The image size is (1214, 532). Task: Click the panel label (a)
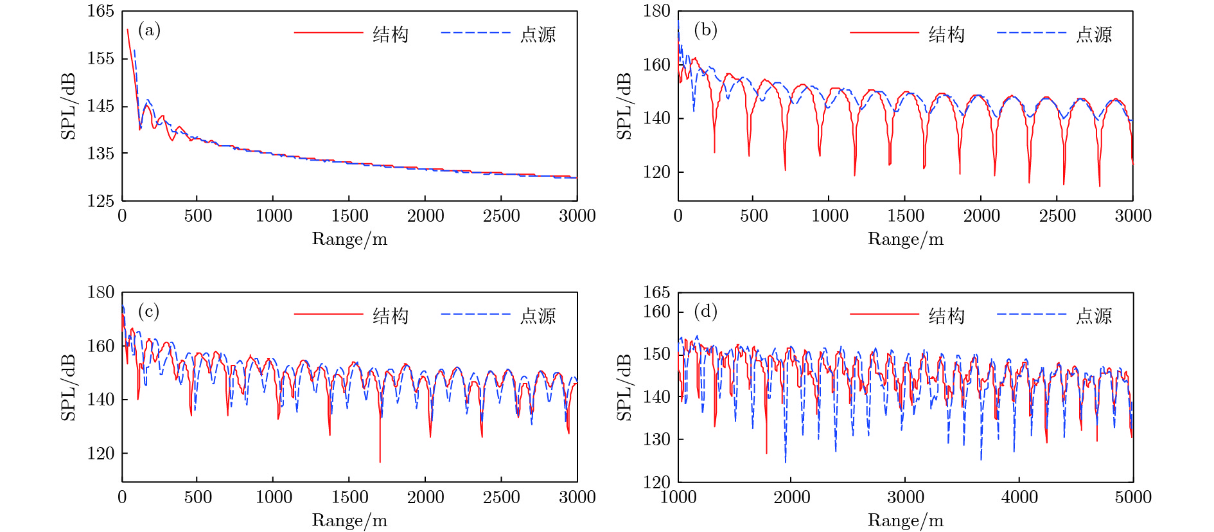(149, 30)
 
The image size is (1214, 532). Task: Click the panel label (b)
(705, 30)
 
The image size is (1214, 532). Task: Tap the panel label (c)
(149, 312)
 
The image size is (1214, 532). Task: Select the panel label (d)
(705, 312)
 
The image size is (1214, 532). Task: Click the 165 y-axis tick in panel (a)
(101, 11)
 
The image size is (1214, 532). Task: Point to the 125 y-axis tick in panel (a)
(101, 201)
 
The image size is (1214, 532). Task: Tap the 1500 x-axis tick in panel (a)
(349, 216)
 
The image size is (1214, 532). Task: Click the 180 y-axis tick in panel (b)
(656, 11)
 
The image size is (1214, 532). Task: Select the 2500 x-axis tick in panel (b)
(1057, 216)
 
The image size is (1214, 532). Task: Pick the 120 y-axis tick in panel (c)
(101, 454)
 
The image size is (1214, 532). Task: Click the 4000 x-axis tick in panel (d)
(1019, 497)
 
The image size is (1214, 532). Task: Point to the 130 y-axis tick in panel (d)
(656, 439)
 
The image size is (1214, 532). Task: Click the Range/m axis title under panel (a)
(349, 239)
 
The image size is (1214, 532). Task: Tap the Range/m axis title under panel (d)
(906, 520)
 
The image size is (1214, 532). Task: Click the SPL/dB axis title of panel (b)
(624, 106)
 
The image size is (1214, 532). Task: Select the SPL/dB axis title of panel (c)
(68, 387)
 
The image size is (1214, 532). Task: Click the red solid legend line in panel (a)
(328, 33)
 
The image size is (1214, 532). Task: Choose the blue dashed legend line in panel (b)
(1032, 33)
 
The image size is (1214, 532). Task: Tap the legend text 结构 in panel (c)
(391, 316)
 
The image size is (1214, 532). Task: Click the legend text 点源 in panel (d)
(1094, 316)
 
